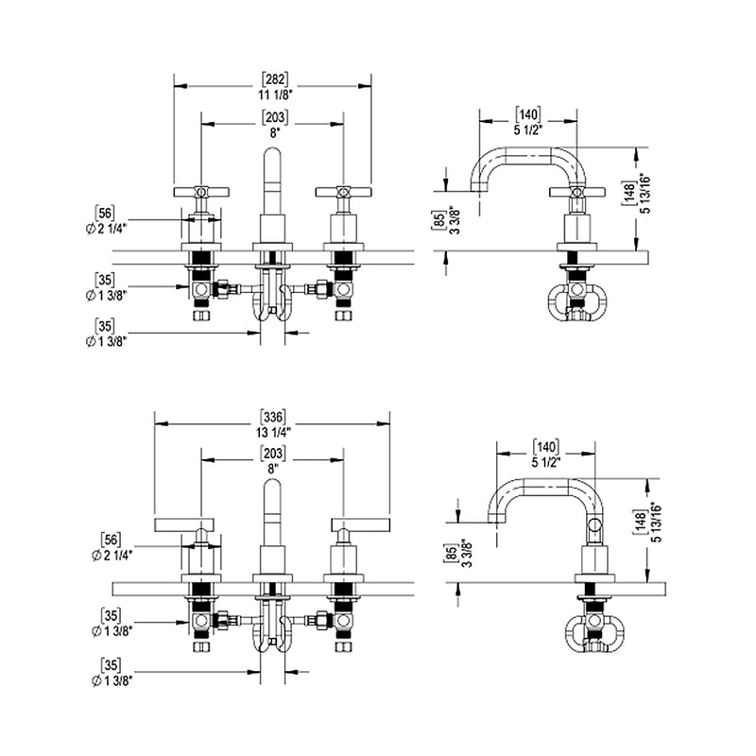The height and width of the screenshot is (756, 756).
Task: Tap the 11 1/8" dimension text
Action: click(x=274, y=94)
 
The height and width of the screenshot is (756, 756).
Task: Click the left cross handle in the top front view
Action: click(x=200, y=192)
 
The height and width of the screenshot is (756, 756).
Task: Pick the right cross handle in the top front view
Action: click(x=342, y=192)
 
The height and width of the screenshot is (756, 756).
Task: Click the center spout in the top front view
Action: click(x=272, y=184)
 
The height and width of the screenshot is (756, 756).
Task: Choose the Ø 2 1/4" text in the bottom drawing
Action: click(x=110, y=555)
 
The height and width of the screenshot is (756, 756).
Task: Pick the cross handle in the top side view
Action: click(x=575, y=193)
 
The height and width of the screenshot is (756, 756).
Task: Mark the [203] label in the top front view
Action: click(x=274, y=118)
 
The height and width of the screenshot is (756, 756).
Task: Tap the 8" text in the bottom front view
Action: click(x=274, y=468)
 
